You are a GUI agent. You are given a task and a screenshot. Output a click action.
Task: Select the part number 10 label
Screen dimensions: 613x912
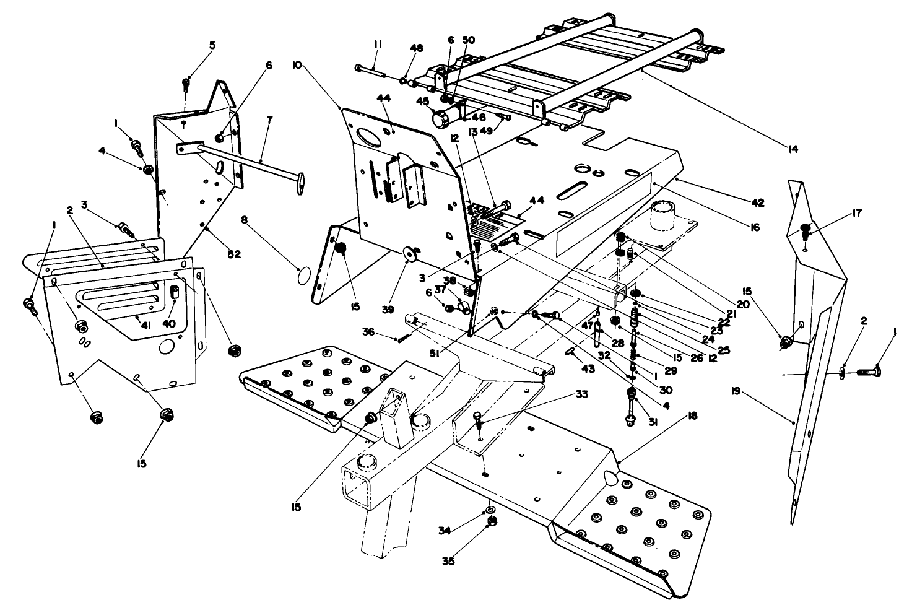click(x=297, y=65)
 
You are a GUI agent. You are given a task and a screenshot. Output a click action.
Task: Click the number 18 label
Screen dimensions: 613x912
click(x=692, y=416)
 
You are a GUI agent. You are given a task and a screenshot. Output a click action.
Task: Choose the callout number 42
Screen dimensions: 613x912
click(x=758, y=203)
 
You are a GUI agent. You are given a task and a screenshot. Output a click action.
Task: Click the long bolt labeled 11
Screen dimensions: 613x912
click(x=370, y=69)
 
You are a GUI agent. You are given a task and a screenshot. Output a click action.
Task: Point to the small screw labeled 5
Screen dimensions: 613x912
click(x=186, y=84)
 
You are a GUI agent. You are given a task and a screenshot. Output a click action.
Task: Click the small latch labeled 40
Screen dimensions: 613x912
click(x=174, y=290)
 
